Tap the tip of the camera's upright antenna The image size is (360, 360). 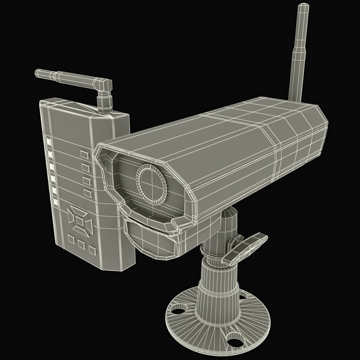coord(303,6)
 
